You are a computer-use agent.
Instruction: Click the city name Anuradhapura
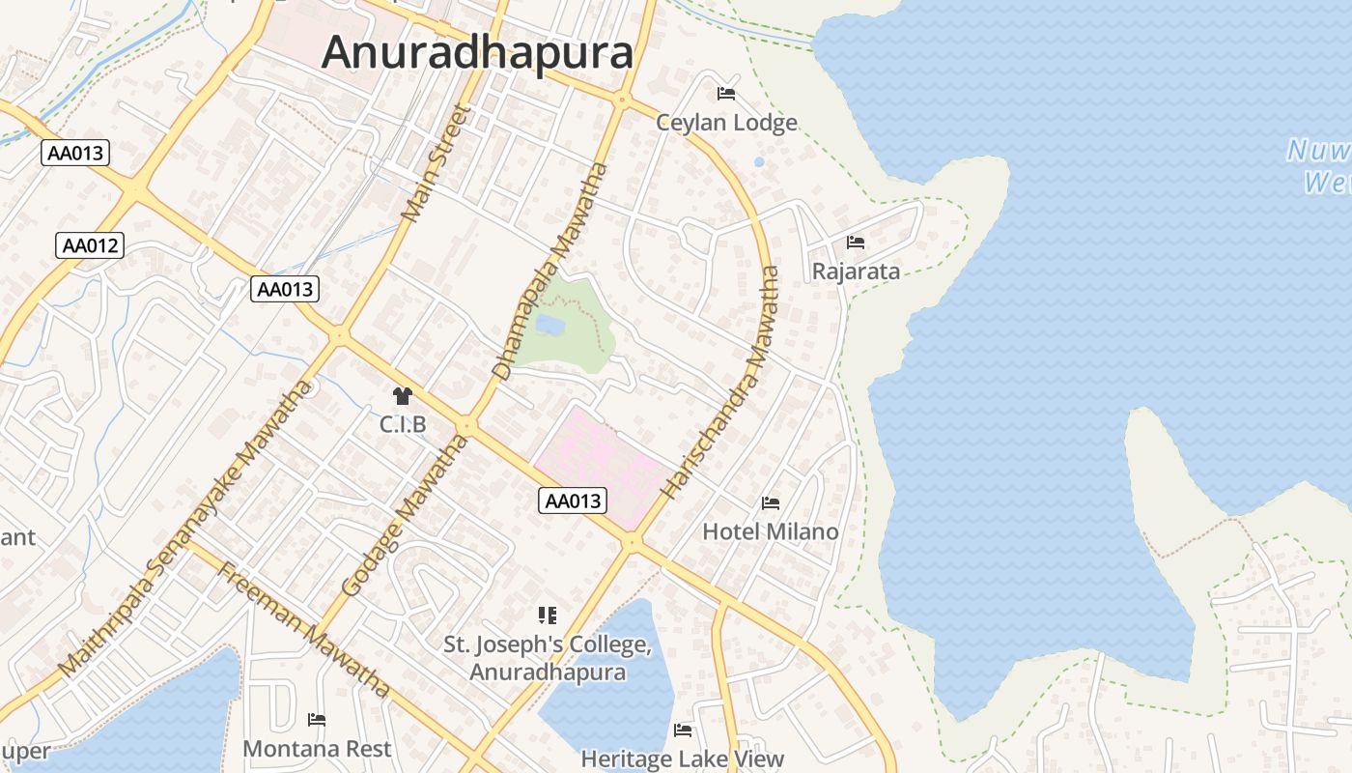tap(477, 52)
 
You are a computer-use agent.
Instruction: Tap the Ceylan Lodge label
tap(726, 123)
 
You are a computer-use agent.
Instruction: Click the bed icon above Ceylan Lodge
tap(726, 94)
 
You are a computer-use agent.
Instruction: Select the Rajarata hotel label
tap(856, 272)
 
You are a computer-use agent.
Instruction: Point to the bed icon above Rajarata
tap(856, 242)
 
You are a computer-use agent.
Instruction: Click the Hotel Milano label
tap(770, 531)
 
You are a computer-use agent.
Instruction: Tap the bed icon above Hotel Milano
tap(771, 502)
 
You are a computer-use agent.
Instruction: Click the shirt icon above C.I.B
tap(403, 395)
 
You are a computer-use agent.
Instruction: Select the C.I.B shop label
tap(403, 425)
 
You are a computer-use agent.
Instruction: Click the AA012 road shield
tap(90, 245)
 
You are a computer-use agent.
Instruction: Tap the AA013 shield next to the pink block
tap(573, 501)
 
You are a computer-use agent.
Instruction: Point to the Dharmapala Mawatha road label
tap(550, 271)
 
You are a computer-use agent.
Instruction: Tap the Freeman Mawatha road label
tap(304, 628)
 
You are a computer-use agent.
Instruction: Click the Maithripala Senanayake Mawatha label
tap(186, 528)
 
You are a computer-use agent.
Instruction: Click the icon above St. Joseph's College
tap(548, 615)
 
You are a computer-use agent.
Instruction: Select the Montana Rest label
tap(317, 749)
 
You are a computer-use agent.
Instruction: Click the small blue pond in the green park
tap(549, 325)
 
